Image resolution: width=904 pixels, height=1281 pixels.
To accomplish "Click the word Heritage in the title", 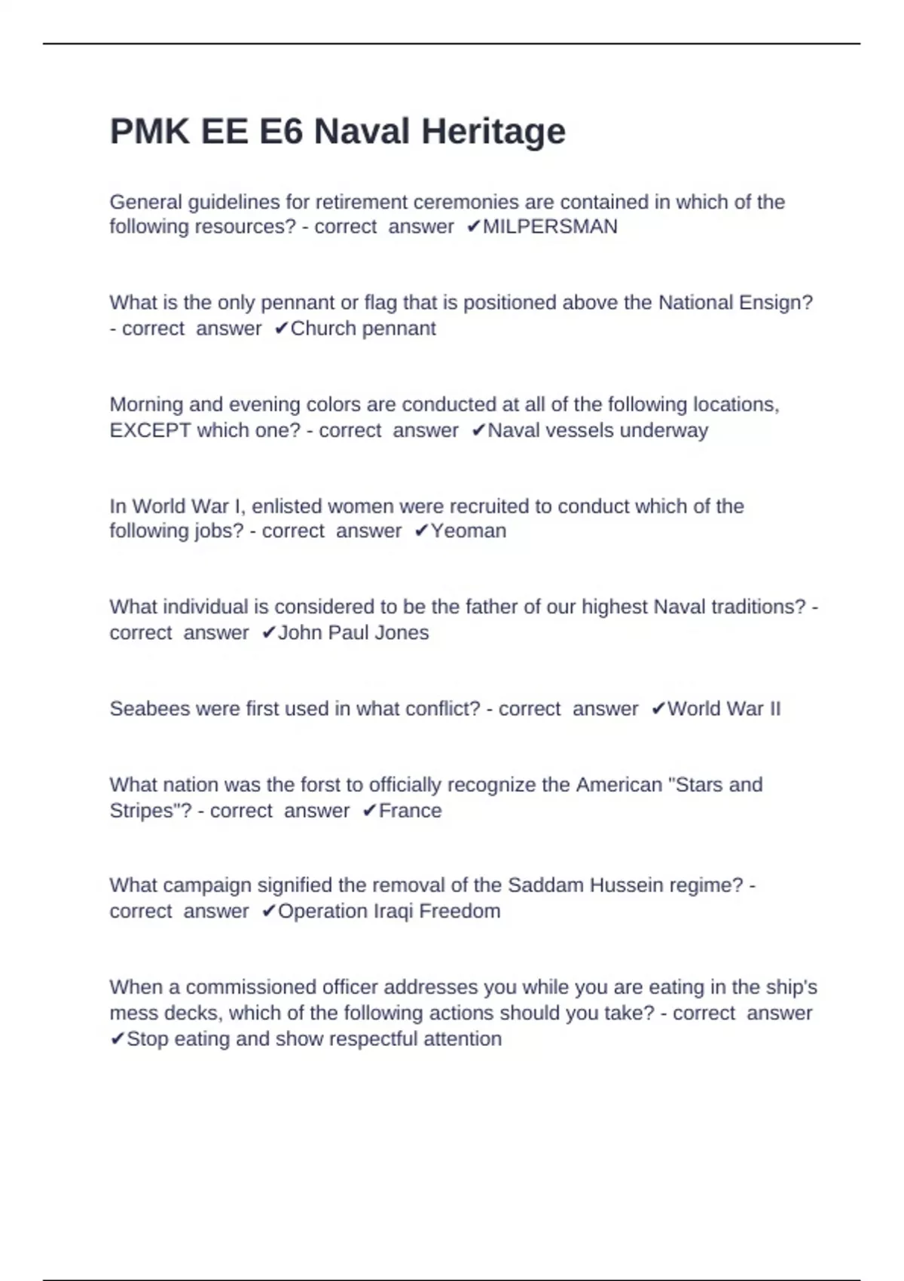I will pos(493,132).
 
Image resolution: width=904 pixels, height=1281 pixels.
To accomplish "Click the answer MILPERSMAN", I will pos(550,227).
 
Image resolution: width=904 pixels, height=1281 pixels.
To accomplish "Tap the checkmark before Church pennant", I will pos(281,329).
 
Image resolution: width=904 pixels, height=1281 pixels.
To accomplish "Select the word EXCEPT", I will pos(150,430).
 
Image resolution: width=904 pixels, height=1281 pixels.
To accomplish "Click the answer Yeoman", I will pos(469,531).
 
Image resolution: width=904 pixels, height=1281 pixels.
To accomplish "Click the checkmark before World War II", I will pos(658,709).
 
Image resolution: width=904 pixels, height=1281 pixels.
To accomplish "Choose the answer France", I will pos(410,811).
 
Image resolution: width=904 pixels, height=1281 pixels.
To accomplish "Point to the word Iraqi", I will pos(394,912).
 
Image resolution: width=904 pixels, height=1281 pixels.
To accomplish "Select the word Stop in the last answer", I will pos(147,1039).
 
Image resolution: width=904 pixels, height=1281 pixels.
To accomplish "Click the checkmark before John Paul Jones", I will pos(268,633).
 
